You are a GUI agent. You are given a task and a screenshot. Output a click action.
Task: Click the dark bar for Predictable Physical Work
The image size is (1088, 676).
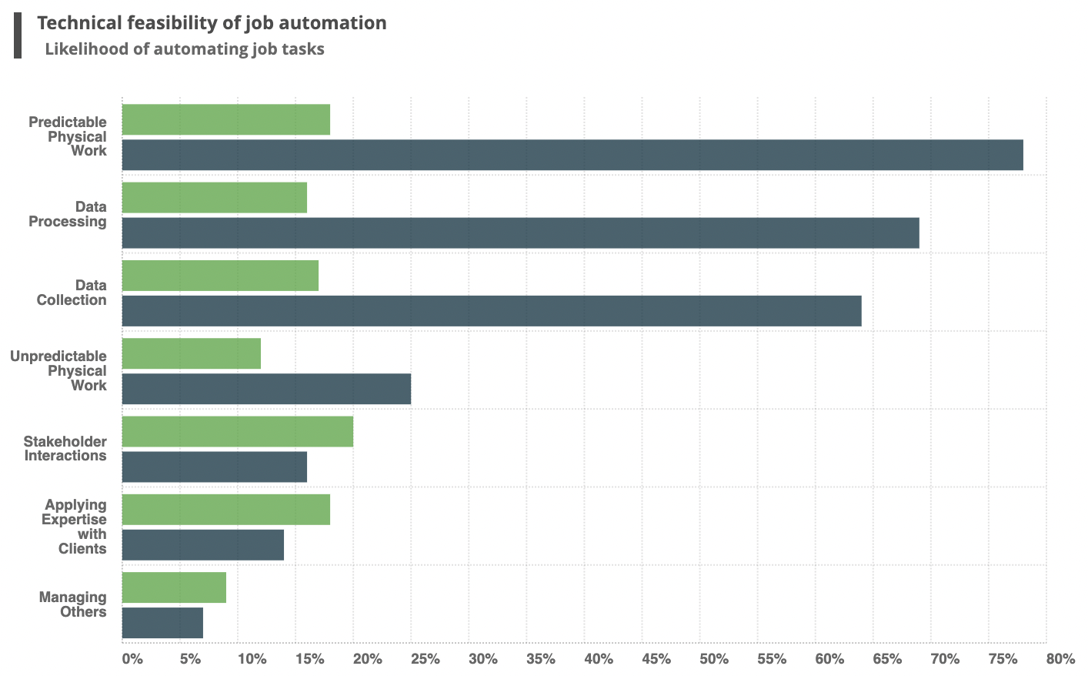pyautogui.click(x=572, y=155)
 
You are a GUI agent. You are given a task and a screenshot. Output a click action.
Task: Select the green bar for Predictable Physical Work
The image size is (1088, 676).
pyautogui.click(x=226, y=119)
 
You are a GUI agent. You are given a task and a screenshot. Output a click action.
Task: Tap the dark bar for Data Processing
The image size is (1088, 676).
pyautogui.click(x=520, y=233)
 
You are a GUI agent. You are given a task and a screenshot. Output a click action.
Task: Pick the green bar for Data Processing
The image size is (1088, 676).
pyautogui.click(x=215, y=197)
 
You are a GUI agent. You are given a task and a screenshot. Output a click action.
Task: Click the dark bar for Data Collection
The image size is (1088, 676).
pyautogui.click(x=492, y=310)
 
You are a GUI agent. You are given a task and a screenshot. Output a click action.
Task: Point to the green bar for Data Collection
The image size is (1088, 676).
pyautogui.click(x=220, y=276)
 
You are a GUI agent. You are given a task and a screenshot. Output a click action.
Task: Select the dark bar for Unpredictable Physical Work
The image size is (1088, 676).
pyautogui.click(x=266, y=389)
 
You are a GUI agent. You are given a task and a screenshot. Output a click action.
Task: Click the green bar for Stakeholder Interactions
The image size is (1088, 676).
pyautogui.click(x=238, y=431)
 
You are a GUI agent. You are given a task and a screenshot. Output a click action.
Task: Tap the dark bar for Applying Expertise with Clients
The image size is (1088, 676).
pyautogui.click(x=203, y=544)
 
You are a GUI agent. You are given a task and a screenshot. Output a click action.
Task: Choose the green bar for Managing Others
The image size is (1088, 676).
pyautogui.click(x=174, y=587)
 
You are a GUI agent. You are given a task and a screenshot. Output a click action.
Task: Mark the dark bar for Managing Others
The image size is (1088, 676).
pyautogui.click(x=162, y=622)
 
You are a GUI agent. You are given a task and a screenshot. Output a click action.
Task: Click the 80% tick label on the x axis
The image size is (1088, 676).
pyautogui.click(x=1060, y=659)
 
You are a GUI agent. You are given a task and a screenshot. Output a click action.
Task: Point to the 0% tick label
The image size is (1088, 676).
pyautogui.click(x=132, y=659)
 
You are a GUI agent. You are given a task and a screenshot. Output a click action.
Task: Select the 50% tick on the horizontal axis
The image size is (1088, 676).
pyautogui.click(x=713, y=659)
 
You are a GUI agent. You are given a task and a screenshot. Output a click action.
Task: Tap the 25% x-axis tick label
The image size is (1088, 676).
pyautogui.click(x=425, y=659)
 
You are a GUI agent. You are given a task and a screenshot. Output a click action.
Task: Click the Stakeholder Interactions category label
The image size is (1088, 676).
pyautogui.click(x=65, y=448)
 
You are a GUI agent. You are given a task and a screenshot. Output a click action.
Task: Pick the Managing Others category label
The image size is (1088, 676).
pyautogui.click(x=73, y=604)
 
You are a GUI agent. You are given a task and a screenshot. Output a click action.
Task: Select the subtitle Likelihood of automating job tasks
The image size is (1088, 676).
pyautogui.click(x=185, y=49)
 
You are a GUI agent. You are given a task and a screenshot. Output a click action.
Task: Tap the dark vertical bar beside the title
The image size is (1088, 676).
pyautogui.click(x=18, y=35)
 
